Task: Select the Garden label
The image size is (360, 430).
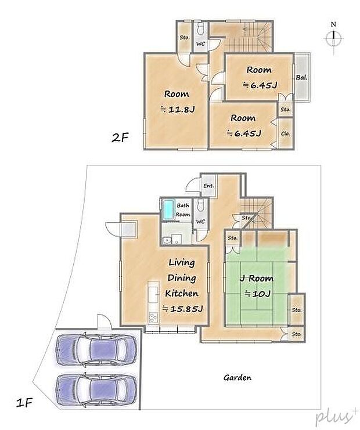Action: (237, 378)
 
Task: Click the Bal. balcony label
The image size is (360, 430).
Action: (301, 77)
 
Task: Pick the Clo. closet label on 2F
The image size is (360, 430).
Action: (285, 133)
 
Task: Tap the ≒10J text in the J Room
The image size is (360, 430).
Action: (256, 294)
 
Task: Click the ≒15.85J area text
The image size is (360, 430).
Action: (182, 308)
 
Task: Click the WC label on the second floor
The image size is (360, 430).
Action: (199, 44)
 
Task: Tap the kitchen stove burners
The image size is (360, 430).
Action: (153, 316)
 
